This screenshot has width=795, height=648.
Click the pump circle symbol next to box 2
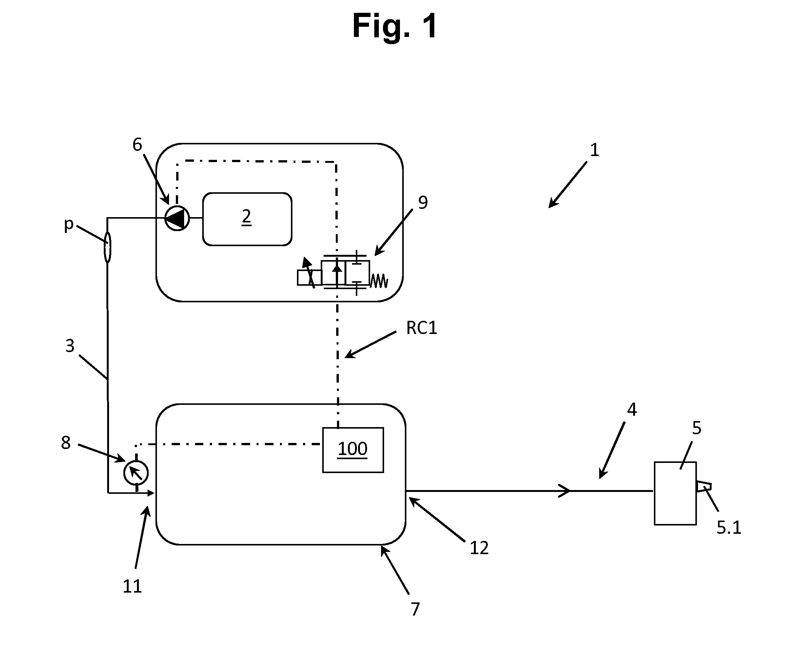pyautogui.click(x=177, y=218)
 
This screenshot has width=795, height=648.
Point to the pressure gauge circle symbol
pyautogui.click(x=136, y=473)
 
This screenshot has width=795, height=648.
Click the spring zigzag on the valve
pyautogui.click(x=379, y=281)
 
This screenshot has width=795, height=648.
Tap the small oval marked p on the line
pyautogui.click(x=108, y=247)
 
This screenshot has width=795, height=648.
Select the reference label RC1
pyautogui.click(x=421, y=328)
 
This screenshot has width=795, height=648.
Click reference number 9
pyautogui.click(x=423, y=203)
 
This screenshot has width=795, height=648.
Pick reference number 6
pyautogui.click(x=137, y=144)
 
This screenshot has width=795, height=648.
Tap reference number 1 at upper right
pyautogui.click(x=594, y=150)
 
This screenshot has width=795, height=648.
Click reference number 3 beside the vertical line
pyautogui.click(x=70, y=346)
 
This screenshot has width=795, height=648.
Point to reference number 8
pyautogui.click(x=66, y=443)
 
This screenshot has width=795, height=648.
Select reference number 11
pyautogui.click(x=132, y=586)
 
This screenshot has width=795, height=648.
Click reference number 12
pyautogui.click(x=479, y=548)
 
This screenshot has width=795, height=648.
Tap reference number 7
pyautogui.click(x=415, y=609)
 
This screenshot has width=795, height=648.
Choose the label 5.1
pyautogui.click(x=729, y=527)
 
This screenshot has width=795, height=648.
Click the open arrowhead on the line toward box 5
pyautogui.click(x=564, y=491)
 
